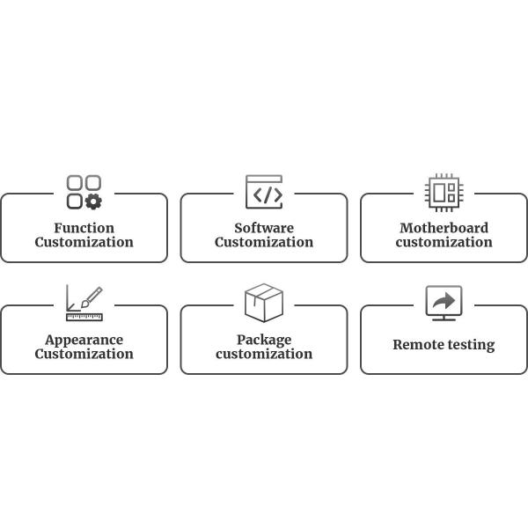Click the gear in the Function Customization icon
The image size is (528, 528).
(x=93, y=202)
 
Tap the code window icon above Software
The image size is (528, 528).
(x=264, y=192)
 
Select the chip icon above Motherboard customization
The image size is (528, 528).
(x=444, y=192)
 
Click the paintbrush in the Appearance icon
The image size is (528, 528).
(x=92, y=297)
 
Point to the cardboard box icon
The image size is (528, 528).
(x=264, y=303)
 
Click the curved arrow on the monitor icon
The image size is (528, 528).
(x=444, y=302)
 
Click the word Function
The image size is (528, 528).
(x=84, y=228)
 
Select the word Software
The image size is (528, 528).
(x=264, y=228)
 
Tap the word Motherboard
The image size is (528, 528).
(x=444, y=228)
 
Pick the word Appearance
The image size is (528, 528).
(x=84, y=340)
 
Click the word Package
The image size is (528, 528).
(x=264, y=340)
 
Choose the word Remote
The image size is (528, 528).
(x=419, y=345)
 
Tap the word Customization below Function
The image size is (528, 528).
(x=84, y=243)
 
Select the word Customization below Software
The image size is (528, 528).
(x=264, y=243)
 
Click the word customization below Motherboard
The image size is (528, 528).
(x=444, y=243)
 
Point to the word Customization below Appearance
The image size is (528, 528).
(x=84, y=355)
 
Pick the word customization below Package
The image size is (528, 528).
(x=264, y=355)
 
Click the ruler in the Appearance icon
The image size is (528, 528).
(x=84, y=316)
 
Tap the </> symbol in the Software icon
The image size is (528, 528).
(x=264, y=195)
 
